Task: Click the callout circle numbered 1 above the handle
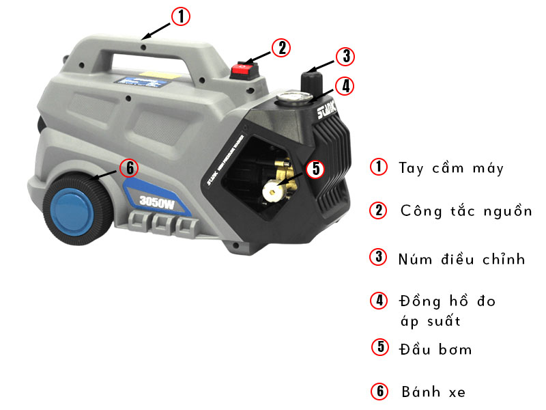[180, 16]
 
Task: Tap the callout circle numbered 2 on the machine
[281, 47]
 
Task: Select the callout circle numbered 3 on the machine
[346, 56]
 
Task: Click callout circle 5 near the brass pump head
[315, 168]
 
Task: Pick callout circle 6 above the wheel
[128, 167]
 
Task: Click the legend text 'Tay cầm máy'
[451, 168]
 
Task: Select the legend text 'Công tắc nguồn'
[465, 210]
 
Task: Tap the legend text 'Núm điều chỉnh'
[462, 259]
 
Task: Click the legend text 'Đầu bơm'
[435, 349]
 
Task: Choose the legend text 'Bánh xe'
[433, 392]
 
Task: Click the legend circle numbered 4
[378, 300]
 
